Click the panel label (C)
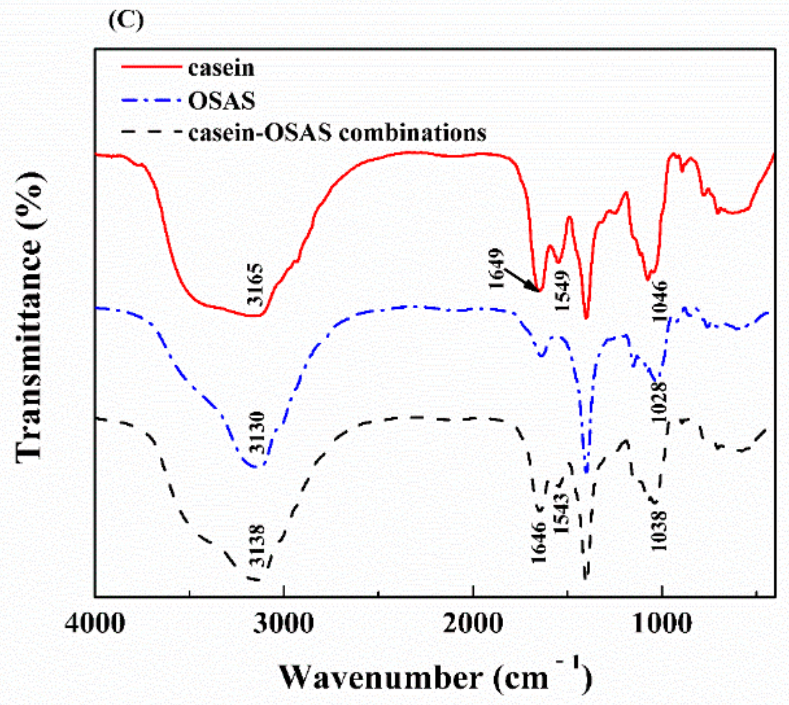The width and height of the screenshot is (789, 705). (126, 20)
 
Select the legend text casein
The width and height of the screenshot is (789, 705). (221, 68)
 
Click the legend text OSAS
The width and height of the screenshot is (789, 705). (222, 101)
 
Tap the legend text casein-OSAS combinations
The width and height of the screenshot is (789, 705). (337, 132)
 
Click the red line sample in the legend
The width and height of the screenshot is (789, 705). (151, 67)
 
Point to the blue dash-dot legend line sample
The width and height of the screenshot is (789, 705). (151, 100)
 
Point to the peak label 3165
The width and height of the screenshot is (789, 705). (256, 284)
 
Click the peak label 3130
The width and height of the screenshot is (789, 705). (257, 433)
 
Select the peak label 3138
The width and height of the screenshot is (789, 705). (257, 546)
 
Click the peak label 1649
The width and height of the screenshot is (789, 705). (497, 268)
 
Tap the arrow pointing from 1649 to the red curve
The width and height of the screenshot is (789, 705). (521, 279)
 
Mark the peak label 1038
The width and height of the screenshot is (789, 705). (659, 531)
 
